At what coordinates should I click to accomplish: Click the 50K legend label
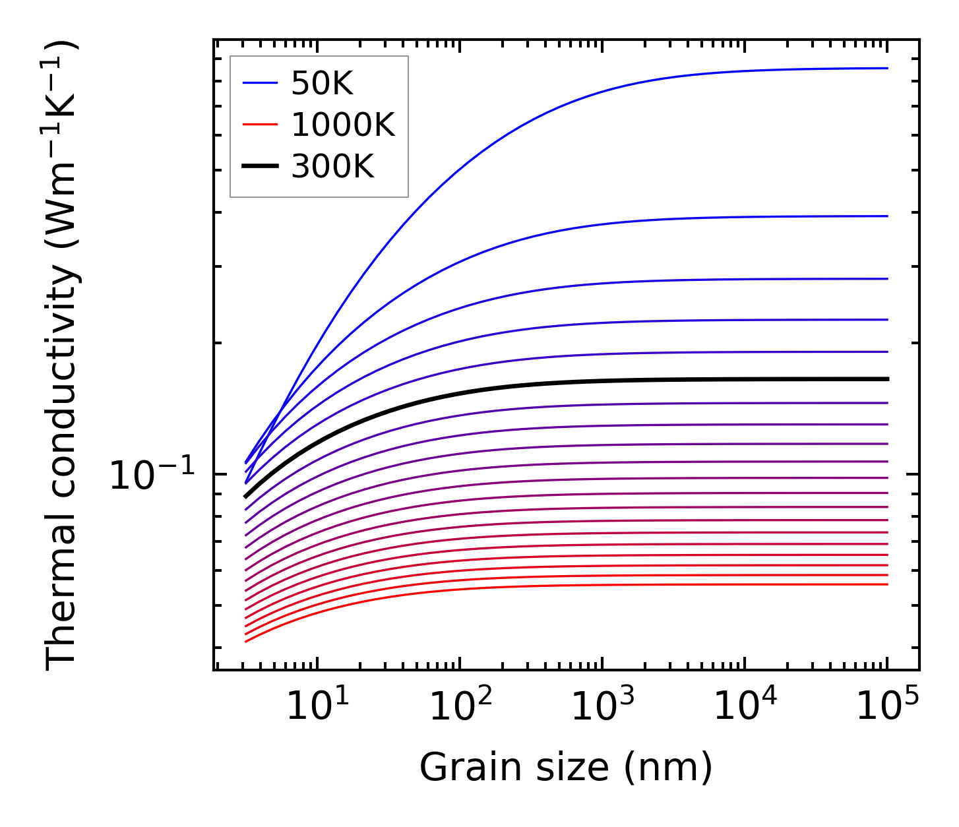tap(323, 84)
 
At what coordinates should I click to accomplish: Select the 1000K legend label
tap(343, 125)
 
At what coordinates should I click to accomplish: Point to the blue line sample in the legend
tap(261, 83)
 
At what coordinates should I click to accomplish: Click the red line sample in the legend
tap(261, 125)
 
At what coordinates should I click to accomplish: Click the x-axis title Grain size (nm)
tap(566, 768)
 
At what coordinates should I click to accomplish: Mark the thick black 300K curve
tap(660, 380)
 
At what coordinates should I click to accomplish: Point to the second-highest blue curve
tap(660, 218)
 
